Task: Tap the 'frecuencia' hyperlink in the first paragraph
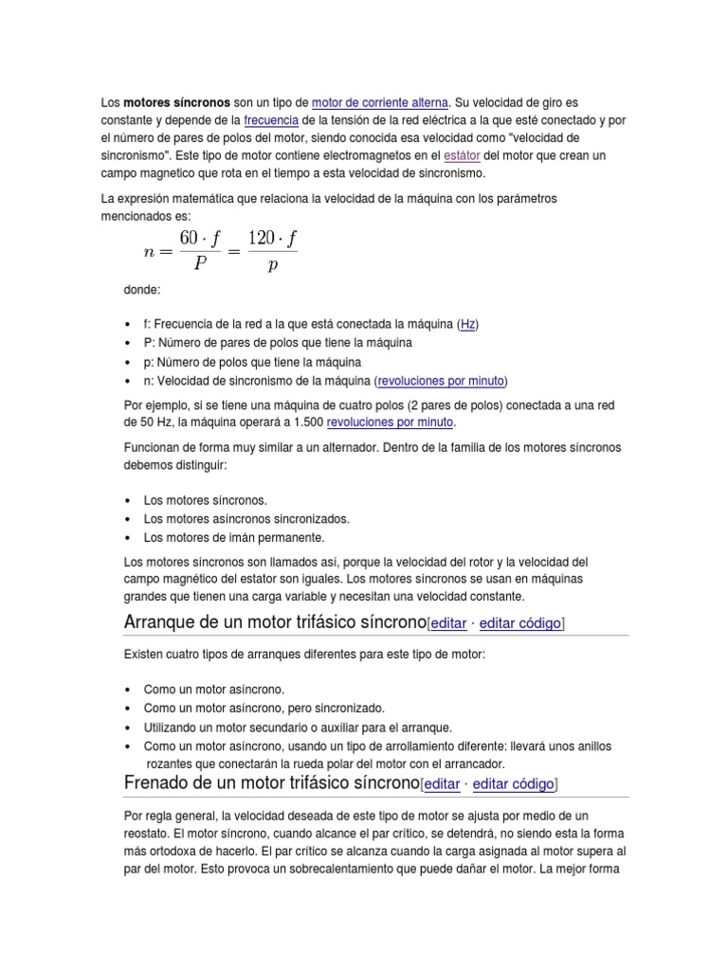(271, 119)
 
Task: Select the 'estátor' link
(462, 155)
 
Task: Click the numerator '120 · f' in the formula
(272, 239)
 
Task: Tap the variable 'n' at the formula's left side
(148, 252)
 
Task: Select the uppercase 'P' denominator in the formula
(200, 265)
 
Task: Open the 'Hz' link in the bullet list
(468, 324)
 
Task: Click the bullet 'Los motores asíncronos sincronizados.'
(246, 518)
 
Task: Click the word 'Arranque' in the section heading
(161, 622)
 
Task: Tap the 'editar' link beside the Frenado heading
(442, 784)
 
